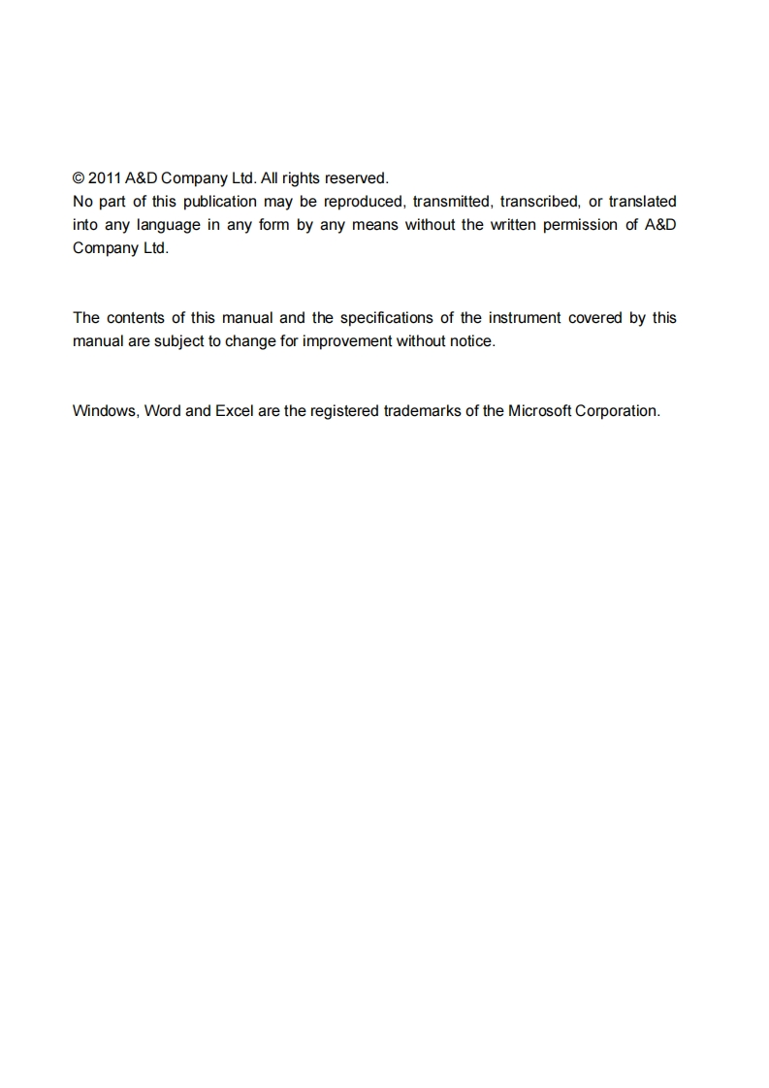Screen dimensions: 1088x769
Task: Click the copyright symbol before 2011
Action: tap(79, 178)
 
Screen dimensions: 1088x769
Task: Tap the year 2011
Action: tap(105, 178)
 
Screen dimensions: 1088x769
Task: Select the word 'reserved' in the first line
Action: tap(356, 178)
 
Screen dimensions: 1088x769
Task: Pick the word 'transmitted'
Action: tap(452, 202)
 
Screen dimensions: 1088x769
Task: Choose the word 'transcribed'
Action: tap(539, 202)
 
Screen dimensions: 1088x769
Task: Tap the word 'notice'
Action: tap(471, 341)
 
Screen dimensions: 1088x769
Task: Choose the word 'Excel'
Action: tap(234, 411)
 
